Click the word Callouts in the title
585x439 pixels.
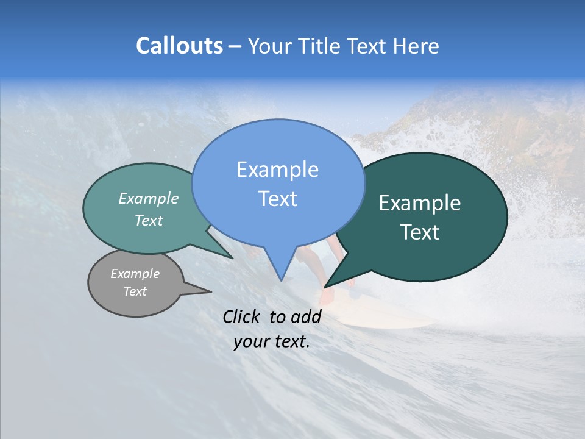179,46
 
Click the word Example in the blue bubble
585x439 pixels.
277,170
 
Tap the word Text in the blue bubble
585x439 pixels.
277,199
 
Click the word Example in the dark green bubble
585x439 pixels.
420,203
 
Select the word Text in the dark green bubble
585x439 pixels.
420,232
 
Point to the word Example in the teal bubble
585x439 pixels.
149,199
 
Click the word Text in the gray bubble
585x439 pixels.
135,291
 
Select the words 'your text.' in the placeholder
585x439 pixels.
272,342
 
